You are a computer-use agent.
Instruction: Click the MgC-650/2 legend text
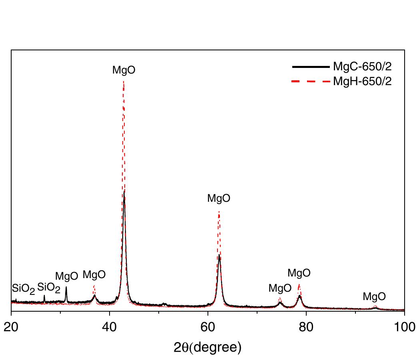point(362,67)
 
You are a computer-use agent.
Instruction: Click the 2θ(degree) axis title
point(208,347)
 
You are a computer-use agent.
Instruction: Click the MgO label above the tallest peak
point(124,70)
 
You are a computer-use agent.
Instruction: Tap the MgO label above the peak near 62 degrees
point(219,199)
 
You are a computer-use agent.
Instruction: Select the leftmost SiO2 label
point(23,288)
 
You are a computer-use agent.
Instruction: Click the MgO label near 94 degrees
point(374,296)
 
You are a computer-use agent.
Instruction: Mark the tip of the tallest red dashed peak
point(124,82)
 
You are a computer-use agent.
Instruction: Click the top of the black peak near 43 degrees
point(124,191)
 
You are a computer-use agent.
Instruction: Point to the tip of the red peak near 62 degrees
point(219,212)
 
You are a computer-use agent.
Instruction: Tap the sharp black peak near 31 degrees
point(66,287)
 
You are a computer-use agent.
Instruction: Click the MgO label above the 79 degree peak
point(299,273)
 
